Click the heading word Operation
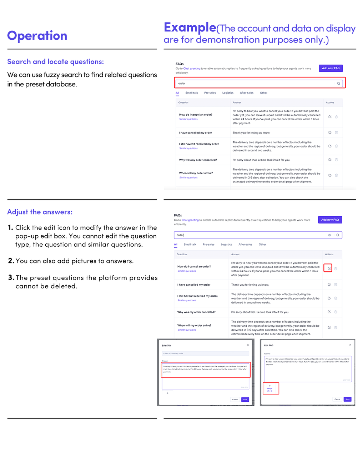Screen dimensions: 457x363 [37, 36]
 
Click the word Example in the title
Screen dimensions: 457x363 [190, 27]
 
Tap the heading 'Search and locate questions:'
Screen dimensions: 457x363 [55, 62]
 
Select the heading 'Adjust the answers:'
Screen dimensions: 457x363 [40, 212]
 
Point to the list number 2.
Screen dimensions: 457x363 [11, 261]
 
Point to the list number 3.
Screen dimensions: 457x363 [11, 277]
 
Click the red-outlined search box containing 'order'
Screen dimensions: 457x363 [259, 83]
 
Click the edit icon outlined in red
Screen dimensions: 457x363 [329, 268]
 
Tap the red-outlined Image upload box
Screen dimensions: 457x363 [270, 388]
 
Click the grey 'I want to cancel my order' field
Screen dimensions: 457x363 [205, 353]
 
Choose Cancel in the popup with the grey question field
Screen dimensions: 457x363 [235, 400]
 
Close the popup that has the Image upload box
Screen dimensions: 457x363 [350, 345]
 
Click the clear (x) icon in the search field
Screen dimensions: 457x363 [329, 235]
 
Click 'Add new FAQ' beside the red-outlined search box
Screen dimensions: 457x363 [331, 68]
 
